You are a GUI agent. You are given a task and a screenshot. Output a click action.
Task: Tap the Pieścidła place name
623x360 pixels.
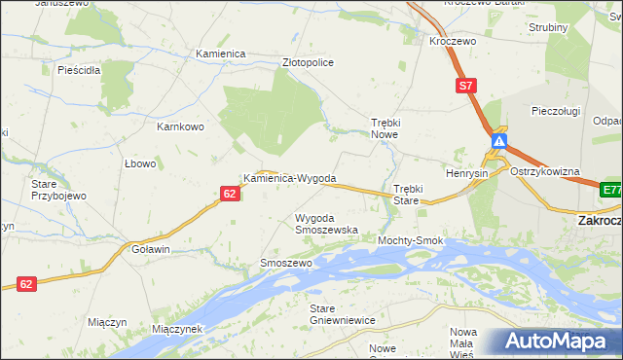tap(80, 70)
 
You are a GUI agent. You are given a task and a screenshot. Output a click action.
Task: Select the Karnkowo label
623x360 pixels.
tap(180, 126)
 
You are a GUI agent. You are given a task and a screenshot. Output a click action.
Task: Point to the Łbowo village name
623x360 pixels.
tap(140, 163)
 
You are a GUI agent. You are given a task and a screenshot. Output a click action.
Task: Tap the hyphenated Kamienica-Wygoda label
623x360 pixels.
tap(290, 179)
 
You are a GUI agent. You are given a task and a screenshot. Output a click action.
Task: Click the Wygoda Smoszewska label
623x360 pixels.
tap(326, 224)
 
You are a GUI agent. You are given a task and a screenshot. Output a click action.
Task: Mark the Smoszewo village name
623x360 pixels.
tap(286, 264)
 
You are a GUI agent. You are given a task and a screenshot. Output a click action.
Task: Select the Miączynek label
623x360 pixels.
tap(176, 329)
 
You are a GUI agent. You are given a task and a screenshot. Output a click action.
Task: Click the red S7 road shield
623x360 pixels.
tap(466, 87)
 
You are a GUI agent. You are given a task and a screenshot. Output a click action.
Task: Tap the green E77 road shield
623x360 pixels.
tap(611, 190)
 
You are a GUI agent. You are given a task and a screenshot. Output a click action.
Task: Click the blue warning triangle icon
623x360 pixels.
tap(498, 142)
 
